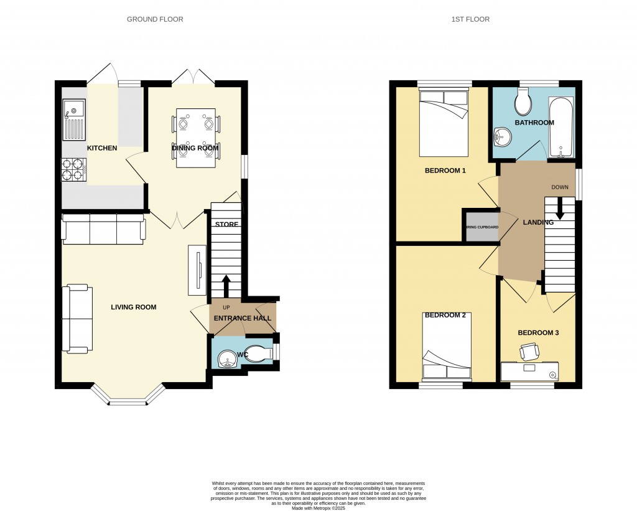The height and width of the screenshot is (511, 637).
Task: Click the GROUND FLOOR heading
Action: (x=155, y=19)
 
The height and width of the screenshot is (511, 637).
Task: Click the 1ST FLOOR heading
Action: (x=470, y=19)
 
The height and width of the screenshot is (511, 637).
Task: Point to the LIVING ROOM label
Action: (x=133, y=307)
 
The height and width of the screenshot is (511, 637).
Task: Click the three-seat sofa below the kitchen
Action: (x=103, y=229)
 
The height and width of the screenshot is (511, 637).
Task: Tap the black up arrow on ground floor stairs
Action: (x=225, y=286)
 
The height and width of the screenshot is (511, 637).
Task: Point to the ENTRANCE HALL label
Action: (x=243, y=318)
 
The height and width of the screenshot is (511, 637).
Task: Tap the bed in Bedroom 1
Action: (x=444, y=122)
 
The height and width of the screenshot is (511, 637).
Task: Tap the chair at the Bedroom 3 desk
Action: (x=530, y=353)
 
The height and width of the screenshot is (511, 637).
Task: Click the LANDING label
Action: (x=538, y=222)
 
